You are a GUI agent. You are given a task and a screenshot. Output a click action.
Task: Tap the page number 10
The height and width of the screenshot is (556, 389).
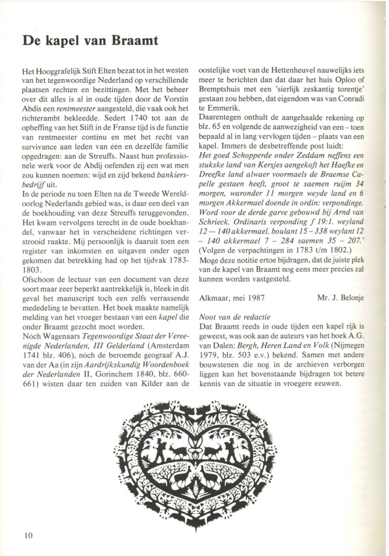click(29, 534)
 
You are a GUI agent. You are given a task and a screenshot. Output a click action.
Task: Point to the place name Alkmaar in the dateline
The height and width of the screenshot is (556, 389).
click(217, 297)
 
